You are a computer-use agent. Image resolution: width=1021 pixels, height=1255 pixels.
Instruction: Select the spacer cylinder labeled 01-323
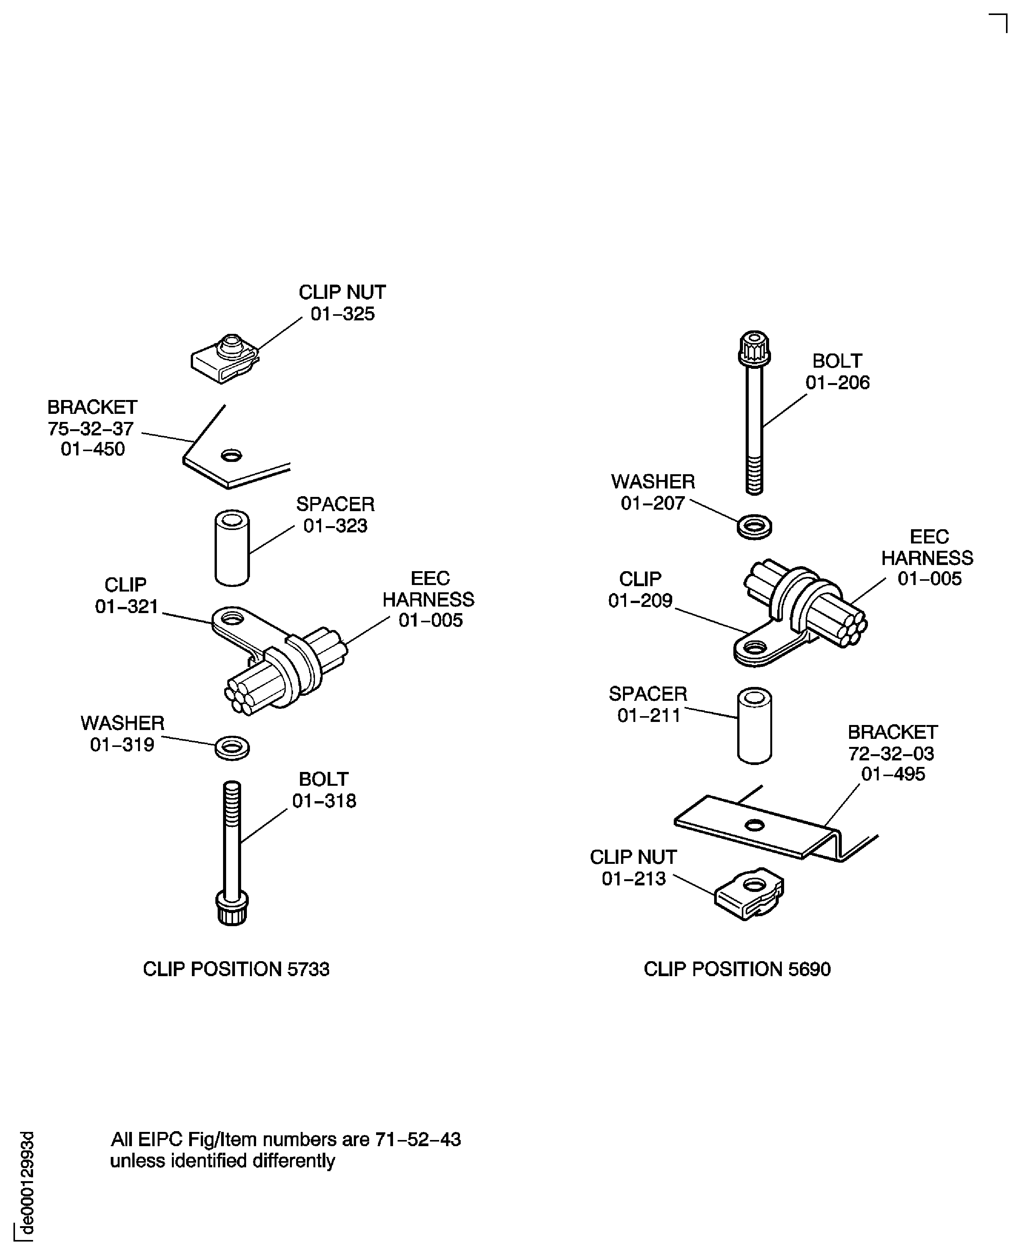pos(232,548)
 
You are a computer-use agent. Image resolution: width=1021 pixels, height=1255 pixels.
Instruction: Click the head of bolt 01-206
pos(754,348)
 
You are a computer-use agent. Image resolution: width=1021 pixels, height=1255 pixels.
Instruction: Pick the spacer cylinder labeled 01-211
pos(754,726)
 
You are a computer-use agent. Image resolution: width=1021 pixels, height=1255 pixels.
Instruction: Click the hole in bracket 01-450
pos(231,455)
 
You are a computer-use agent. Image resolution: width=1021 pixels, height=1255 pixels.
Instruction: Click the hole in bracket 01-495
pos(754,825)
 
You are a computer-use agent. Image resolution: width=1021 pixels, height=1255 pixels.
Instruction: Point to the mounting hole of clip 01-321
pos(232,618)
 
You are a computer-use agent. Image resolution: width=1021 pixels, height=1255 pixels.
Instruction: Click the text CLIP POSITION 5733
pos(236,968)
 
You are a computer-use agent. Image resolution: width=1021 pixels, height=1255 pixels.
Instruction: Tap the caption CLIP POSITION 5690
pos(736,968)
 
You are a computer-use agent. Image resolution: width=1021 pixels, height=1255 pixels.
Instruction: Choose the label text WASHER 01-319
pos(122,733)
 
